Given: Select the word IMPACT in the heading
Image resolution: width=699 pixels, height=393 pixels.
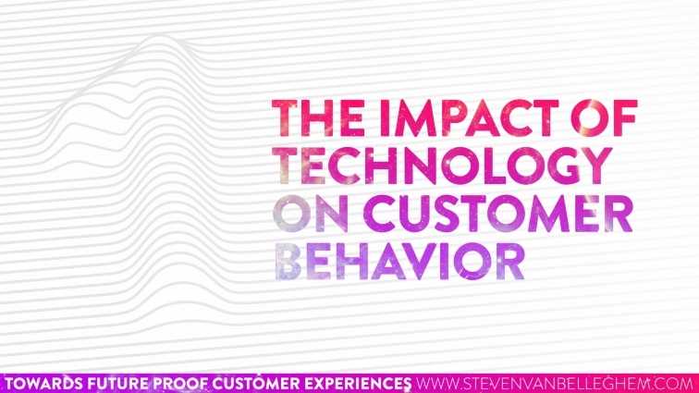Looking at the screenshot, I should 443,121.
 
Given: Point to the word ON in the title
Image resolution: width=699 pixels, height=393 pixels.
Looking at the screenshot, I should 305,215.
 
